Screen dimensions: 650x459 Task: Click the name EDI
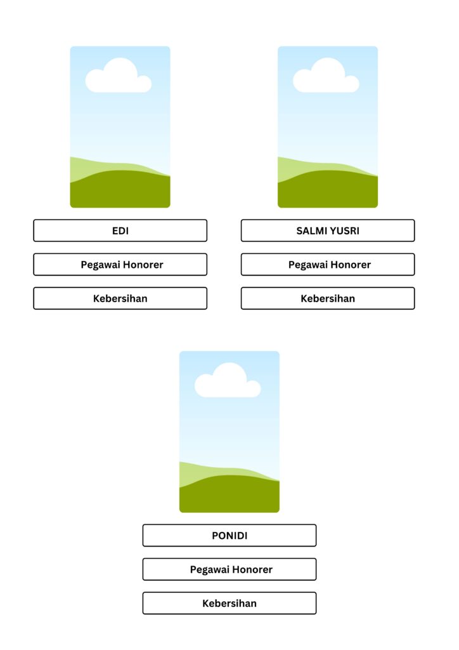[x=120, y=231]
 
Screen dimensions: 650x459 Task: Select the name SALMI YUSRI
[x=327, y=231]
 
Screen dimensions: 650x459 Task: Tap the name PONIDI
[x=229, y=536]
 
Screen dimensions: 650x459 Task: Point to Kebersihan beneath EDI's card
[x=120, y=298]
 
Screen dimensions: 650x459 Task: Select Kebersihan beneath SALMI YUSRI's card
[x=327, y=298]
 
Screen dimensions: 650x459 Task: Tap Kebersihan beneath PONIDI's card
[x=229, y=603]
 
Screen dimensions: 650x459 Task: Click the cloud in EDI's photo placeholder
[x=119, y=77]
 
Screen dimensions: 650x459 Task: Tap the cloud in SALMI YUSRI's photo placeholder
[x=326, y=77]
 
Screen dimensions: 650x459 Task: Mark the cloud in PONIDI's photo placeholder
[x=228, y=382]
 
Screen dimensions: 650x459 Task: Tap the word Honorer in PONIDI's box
[x=252, y=569]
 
